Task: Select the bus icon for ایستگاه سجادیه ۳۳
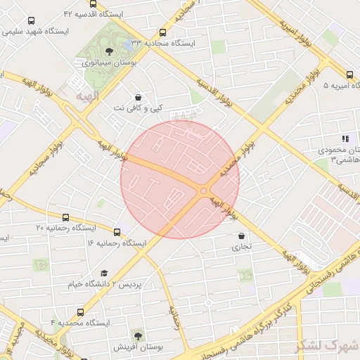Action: click(163, 32)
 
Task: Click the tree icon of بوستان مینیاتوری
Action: click(108, 51)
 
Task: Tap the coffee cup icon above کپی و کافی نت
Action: click(138, 97)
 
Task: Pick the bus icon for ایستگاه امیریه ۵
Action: click(350, 75)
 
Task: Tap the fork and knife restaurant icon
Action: click(344, 139)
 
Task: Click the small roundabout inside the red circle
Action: click(203, 191)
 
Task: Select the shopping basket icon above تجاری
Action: click(242, 236)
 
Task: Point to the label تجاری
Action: click(242, 247)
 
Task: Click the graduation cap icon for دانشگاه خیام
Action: click(104, 274)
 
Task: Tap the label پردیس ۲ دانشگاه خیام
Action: click(129, 285)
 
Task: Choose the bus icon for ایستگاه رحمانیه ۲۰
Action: click(66, 217)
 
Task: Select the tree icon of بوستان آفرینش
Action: click(138, 336)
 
